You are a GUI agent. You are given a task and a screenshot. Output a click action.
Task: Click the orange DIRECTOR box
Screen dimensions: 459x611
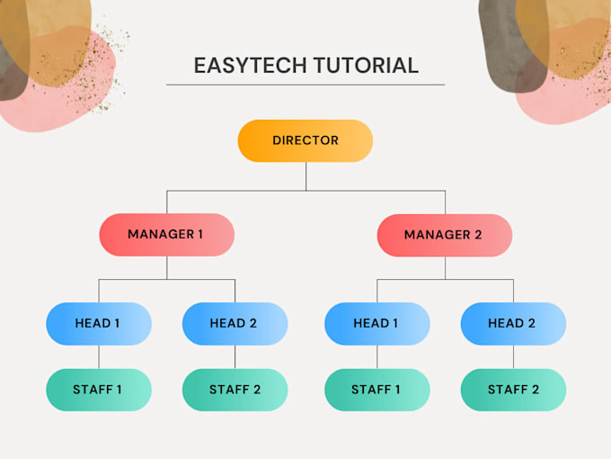305,140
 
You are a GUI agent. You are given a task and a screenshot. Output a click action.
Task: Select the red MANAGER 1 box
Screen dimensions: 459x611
166,234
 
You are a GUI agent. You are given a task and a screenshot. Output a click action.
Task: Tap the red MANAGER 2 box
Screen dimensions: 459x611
445,235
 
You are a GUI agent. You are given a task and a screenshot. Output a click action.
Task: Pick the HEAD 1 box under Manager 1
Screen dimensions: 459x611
99,323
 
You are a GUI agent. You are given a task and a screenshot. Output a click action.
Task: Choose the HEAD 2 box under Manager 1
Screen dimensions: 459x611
235,323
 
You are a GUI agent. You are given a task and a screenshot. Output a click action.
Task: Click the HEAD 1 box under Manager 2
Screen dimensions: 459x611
377,323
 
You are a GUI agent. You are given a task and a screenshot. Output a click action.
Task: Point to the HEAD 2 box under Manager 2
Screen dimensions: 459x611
513,323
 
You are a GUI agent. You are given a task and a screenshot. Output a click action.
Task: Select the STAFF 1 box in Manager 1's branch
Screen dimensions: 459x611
99,390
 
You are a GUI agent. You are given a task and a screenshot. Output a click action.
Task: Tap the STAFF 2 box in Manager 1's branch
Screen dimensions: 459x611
235,390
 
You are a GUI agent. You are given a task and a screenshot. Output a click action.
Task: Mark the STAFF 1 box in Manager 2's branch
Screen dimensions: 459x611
377,390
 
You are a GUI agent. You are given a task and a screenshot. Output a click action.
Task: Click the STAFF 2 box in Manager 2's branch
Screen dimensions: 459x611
513,390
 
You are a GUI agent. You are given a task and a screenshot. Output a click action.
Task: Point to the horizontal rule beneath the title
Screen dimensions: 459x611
305,85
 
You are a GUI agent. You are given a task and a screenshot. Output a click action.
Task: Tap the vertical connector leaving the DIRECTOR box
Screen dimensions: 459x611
305,175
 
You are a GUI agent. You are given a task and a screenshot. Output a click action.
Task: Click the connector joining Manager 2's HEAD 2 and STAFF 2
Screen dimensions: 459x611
513,357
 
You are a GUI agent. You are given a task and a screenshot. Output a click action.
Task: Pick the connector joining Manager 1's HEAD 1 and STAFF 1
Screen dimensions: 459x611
99,357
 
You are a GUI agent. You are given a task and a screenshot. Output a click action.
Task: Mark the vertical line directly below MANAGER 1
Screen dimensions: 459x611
167,267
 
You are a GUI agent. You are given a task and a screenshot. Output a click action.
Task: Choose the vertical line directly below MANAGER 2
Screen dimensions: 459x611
445,267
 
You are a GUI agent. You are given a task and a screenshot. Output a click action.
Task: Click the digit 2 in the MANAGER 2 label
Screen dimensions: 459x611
478,235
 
